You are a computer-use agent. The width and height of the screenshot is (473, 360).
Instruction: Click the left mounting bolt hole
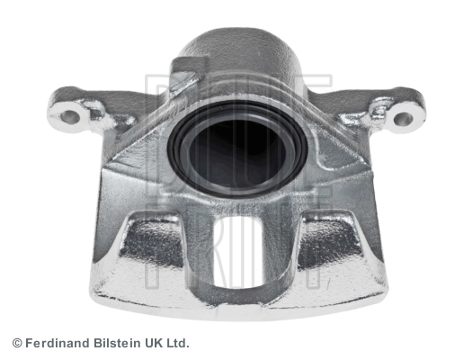click(x=70, y=117)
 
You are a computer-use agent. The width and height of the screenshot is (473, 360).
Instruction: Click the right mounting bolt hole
click(x=404, y=119)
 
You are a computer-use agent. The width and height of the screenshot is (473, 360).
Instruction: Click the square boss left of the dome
click(x=184, y=73)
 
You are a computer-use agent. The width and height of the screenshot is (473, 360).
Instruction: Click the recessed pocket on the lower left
click(x=152, y=241)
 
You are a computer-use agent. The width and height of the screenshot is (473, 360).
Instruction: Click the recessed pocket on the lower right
click(x=329, y=240)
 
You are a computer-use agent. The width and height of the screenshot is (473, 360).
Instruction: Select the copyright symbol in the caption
click(x=17, y=344)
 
